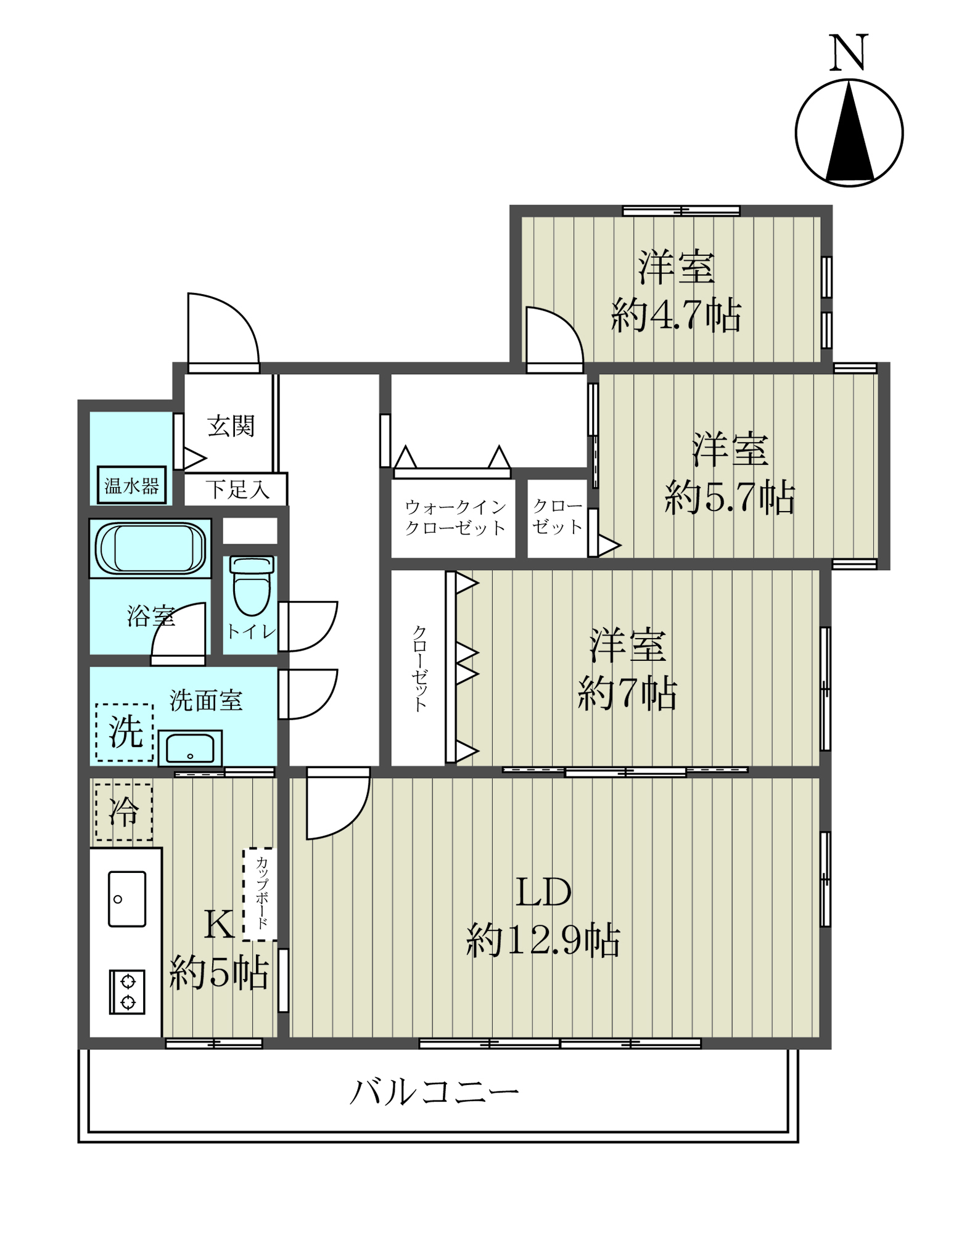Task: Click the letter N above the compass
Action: click(x=849, y=52)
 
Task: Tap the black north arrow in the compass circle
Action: click(x=849, y=133)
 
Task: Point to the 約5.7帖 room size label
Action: click(x=730, y=497)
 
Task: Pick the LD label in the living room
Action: click(x=543, y=892)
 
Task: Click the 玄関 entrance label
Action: click(x=231, y=425)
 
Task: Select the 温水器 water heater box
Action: click(x=131, y=485)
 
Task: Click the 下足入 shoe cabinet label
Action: click(x=237, y=490)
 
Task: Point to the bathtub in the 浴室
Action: click(x=150, y=548)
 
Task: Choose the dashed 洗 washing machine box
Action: click(x=125, y=732)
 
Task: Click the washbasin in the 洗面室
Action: click(x=190, y=748)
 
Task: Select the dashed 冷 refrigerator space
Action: click(x=123, y=812)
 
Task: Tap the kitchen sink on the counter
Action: click(x=127, y=898)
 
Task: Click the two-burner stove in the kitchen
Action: click(x=127, y=992)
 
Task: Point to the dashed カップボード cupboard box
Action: click(x=260, y=895)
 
